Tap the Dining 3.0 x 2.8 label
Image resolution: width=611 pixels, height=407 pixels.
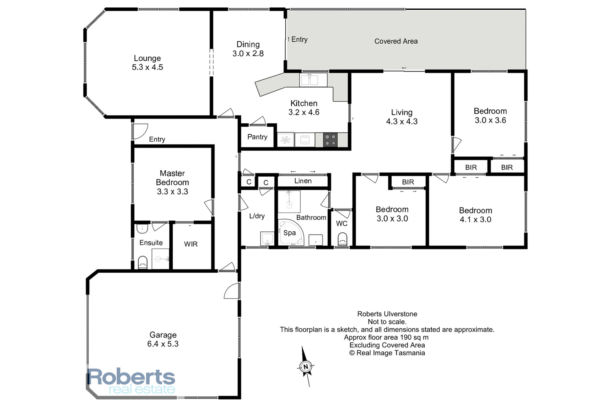248,49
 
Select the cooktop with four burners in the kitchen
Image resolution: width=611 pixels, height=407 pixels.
330,140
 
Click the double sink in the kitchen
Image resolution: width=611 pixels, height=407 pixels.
309,80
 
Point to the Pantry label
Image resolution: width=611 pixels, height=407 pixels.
257,137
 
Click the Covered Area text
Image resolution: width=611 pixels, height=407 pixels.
396,41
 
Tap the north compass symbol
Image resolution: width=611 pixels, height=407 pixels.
306,366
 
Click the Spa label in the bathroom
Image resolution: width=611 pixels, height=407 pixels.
290,233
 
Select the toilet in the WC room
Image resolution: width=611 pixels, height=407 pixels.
342,239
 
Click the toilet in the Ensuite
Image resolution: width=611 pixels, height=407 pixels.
143,263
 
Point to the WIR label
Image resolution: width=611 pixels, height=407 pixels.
191,244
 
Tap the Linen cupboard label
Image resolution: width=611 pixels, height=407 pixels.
303,181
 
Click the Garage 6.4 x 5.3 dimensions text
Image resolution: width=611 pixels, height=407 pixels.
163,344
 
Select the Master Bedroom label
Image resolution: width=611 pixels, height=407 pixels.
172,182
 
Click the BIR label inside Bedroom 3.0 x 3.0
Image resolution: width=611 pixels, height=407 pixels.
408,182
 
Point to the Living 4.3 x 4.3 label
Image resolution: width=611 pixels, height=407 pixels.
402,117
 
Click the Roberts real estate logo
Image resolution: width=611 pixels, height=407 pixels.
131,381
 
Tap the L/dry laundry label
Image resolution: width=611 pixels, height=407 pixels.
257,216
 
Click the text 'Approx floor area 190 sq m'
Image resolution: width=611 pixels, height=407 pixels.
386,337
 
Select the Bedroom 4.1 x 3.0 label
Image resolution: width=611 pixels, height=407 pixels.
475,215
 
